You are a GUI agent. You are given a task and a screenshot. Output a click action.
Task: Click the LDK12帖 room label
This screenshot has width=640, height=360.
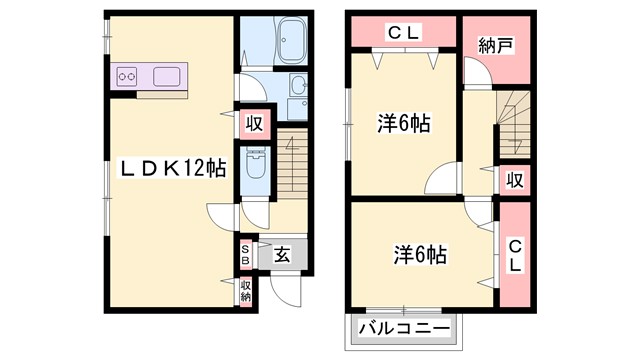171,171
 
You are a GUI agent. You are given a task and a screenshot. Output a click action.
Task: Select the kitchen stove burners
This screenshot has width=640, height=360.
127,75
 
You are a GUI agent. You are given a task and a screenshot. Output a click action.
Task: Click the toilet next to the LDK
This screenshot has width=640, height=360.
256,165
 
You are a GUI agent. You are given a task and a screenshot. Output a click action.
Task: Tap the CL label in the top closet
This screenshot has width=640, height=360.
404,32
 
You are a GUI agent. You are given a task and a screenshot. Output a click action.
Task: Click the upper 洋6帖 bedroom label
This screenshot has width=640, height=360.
404,124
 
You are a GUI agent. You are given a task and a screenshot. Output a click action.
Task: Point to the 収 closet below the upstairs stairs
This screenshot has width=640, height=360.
515,180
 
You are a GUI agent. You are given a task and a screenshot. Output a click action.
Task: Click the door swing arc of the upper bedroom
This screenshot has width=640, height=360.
441,181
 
